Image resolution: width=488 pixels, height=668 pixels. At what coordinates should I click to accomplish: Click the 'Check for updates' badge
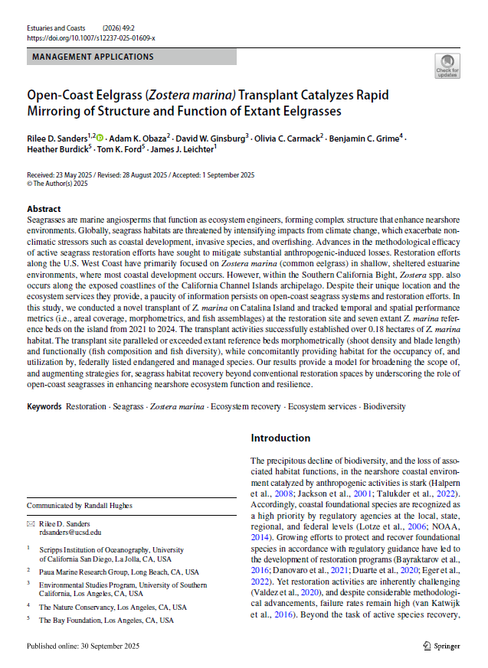click(447, 66)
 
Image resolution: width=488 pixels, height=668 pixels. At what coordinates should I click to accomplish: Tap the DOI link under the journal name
click(91, 37)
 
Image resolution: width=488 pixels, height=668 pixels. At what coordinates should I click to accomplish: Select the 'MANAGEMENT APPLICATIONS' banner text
click(93, 57)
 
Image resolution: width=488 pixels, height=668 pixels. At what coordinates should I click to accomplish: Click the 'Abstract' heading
click(44, 209)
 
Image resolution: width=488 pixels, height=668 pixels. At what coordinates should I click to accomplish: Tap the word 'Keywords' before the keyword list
click(44, 407)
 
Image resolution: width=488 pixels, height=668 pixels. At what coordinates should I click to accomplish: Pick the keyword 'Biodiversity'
click(384, 407)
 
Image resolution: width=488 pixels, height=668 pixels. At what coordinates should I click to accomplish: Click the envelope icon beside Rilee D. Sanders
click(31, 523)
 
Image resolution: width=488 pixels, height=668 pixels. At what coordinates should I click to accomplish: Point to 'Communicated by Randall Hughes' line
click(80, 506)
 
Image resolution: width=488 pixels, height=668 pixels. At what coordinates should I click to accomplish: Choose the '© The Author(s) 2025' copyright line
click(58, 184)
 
